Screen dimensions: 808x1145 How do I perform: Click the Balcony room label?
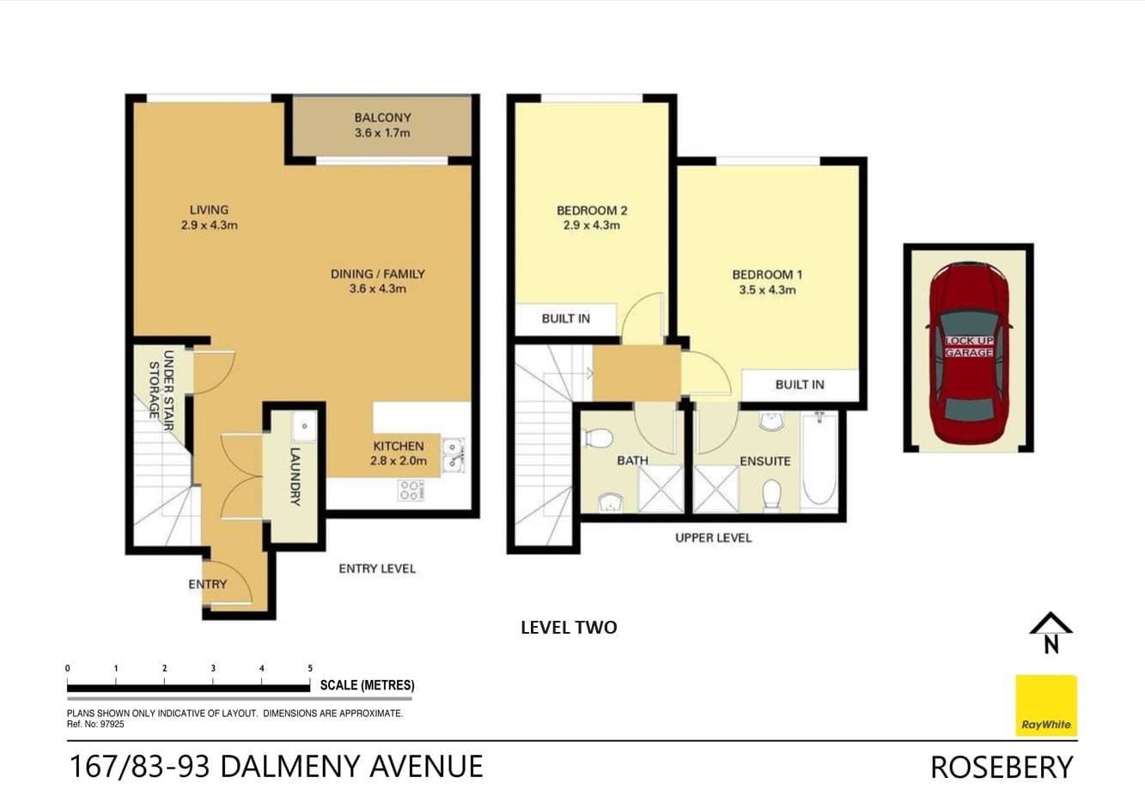(x=382, y=118)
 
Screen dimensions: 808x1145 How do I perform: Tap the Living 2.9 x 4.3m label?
(x=209, y=217)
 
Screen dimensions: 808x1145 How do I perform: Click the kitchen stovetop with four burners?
(x=410, y=490)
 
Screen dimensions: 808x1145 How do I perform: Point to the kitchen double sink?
(x=453, y=455)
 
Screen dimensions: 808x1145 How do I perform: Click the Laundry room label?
(x=295, y=476)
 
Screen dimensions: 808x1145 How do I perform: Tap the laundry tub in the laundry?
(x=303, y=426)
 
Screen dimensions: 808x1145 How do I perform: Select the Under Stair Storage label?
(x=161, y=384)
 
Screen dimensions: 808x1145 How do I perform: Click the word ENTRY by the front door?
(x=208, y=584)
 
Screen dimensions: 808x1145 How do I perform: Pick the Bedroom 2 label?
(x=592, y=210)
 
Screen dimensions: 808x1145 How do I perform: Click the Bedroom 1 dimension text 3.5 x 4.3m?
(x=767, y=290)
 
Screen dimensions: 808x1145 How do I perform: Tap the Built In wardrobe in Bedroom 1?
(x=800, y=385)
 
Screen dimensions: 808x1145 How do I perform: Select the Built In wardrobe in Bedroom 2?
(x=565, y=319)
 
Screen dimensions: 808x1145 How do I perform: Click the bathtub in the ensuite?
(x=819, y=461)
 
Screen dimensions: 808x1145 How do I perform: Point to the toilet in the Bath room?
(x=596, y=438)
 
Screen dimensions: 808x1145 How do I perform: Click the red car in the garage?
(x=968, y=352)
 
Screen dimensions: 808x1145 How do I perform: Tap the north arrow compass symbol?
(x=1051, y=632)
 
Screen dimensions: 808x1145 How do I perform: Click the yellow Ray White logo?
(x=1045, y=706)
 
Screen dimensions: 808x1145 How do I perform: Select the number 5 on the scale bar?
(x=310, y=668)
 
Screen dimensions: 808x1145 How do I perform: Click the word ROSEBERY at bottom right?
(x=1002, y=767)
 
